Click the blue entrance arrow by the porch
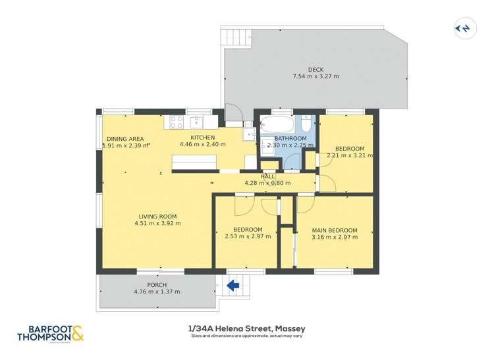click(x=233, y=285)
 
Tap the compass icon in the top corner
click(x=463, y=28)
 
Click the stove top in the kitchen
click(x=177, y=122)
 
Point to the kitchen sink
click(x=196, y=122)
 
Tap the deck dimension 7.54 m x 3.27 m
click(x=316, y=77)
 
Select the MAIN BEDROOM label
click(x=335, y=230)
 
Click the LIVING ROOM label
click(x=157, y=217)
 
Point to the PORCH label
click(x=157, y=285)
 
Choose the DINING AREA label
click(x=125, y=139)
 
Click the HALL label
click(x=268, y=176)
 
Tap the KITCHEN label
click(x=203, y=138)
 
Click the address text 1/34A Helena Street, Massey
click(x=246, y=328)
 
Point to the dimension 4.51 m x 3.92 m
click(x=157, y=224)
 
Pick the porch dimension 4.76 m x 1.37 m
click(x=157, y=292)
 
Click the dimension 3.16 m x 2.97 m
click(x=335, y=237)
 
